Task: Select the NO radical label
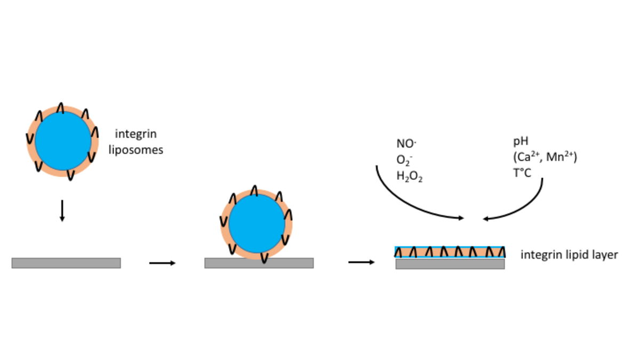(x=406, y=144)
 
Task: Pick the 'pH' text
(x=520, y=142)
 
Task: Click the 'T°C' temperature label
(x=522, y=173)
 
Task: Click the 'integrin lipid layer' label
(x=569, y=255)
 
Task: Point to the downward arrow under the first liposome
(x=62, y=211)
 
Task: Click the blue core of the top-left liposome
(x=63, y=141)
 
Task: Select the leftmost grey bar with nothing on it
(x=66, y=263)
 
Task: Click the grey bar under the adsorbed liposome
(x=259, y=263)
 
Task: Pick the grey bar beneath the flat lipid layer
(x=450, y=264)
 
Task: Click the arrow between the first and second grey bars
(x=162, y=263)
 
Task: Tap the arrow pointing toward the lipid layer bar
(x=361, y=262)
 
